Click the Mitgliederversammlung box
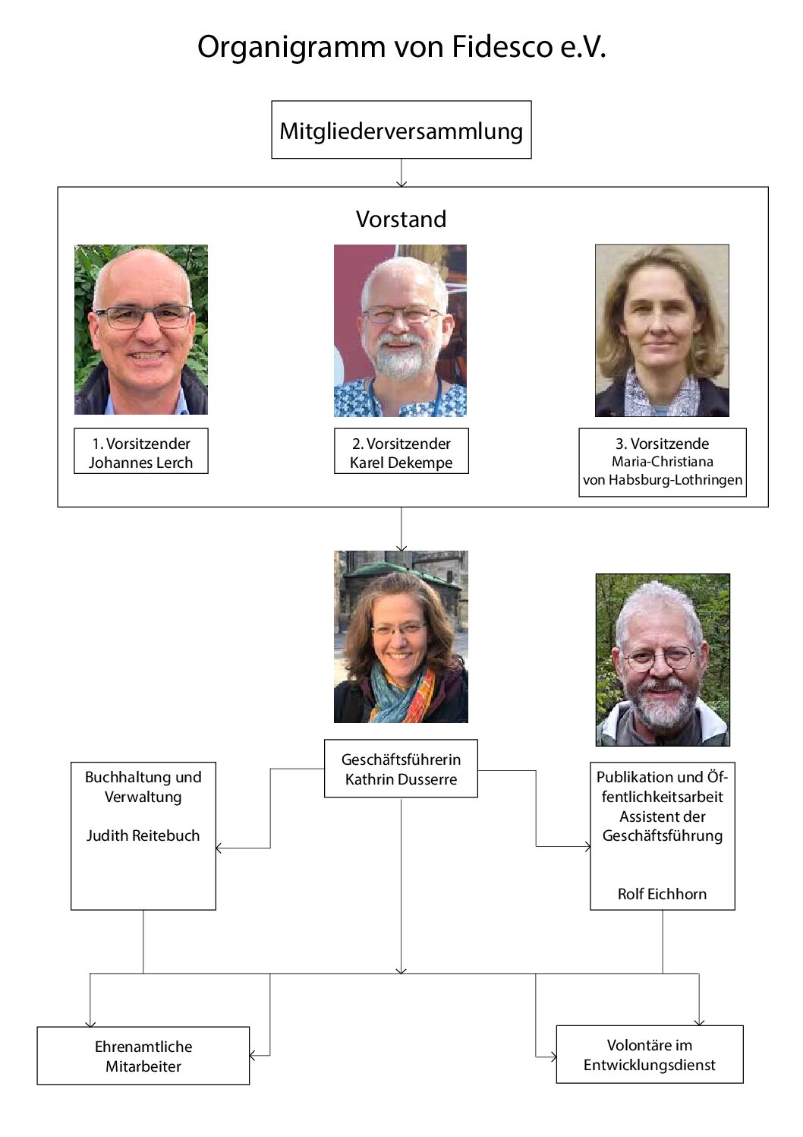point(401,129)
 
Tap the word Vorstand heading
point(401,220)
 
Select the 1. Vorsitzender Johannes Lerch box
point(141,450)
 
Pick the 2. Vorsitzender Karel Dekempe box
point(401,450)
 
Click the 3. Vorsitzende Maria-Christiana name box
point(663,463)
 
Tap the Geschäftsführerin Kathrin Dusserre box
point(401,769)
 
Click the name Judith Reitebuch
point(143,835)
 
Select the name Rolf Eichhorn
point(662,894)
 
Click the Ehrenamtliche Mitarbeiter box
point(143,1056)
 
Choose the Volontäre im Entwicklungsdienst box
point(649,1054)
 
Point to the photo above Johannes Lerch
point(141,330)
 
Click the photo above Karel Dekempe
point(400,330)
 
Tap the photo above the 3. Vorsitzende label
point(662,330)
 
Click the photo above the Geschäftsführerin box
point(401,636)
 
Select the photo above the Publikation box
point(663,660)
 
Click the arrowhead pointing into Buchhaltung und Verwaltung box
point(219,848)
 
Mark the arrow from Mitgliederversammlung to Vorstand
point(401,172)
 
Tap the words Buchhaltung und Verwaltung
point(143,787)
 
